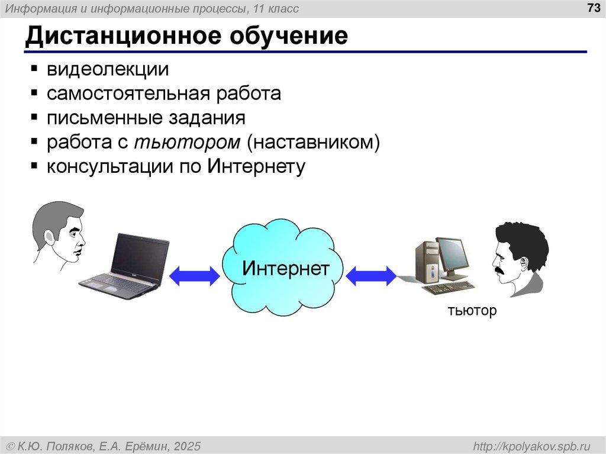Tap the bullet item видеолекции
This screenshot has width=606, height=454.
pyautogui.click(x=108, y=69)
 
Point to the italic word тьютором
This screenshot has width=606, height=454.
pyautogui.click(x=187, y=143)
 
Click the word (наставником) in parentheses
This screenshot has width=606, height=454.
pyautogui.click(x=312, y=143)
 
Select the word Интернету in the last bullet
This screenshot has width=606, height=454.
pyautogui.click(x=256, y=167)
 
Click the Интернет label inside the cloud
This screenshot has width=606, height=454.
pyautogui.click(x=285, y=269)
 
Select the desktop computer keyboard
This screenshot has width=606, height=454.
pyautogui.click(x=449, y=288)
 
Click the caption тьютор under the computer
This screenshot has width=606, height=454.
pyautogui.click(x=472, y=311)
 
